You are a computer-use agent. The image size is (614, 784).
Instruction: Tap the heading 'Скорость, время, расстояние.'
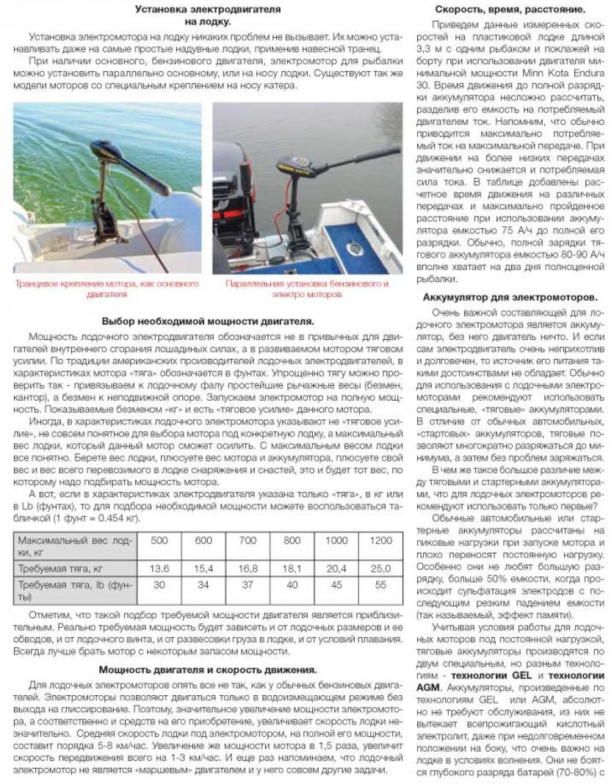[510, 10]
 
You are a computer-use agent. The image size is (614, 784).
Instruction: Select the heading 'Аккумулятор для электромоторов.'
[510, 297]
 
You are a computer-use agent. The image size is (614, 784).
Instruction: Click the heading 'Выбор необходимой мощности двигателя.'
[208, 321]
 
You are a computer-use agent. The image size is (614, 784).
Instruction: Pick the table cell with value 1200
[380, 540]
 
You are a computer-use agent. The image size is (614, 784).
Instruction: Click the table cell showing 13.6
[159, 568]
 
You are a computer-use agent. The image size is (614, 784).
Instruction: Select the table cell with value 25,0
[380, 568]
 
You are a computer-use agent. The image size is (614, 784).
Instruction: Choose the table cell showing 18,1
[292, 568]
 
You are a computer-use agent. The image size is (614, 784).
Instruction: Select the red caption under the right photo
[307, 288]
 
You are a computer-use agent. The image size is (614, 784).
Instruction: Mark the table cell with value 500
[159, 540]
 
